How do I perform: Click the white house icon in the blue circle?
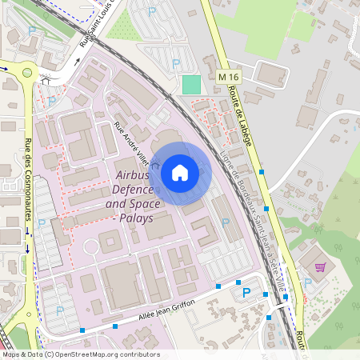(180, 173)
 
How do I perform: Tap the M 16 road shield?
(228, 76)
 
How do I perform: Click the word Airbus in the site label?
(133, 174)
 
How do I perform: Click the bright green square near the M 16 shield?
(191, 84)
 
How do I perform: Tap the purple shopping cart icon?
(320, 267)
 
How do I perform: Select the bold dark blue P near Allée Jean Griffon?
(246, 294)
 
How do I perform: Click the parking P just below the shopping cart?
(307, 282)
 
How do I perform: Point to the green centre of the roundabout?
(27, 72)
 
